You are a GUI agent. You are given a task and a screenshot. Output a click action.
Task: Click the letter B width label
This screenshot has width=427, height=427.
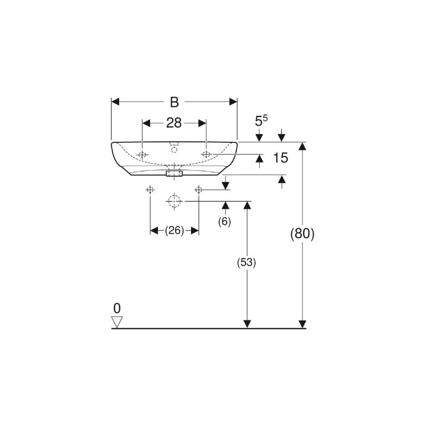174,102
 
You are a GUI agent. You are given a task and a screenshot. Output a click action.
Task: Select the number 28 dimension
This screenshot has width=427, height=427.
174,123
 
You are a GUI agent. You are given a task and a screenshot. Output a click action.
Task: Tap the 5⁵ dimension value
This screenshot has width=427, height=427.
261,120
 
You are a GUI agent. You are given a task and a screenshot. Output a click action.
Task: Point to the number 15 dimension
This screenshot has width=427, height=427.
281,158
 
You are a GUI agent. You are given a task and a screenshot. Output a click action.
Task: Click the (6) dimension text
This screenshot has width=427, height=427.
224,222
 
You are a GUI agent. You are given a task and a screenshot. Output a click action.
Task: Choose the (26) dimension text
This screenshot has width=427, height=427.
174,231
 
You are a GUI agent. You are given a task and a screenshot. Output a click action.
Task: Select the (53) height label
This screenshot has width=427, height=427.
247,263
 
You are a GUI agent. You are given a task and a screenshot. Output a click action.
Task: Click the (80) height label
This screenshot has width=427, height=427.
302,234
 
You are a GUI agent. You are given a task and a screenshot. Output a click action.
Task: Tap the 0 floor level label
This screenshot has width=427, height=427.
117,308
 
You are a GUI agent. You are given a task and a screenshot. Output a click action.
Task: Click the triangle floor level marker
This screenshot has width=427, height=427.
117,322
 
